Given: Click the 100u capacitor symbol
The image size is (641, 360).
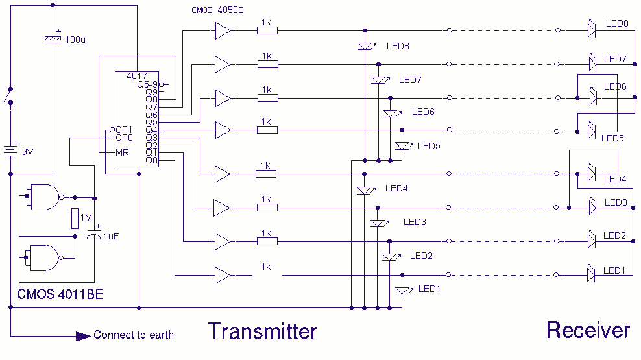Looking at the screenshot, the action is tap(53, 38).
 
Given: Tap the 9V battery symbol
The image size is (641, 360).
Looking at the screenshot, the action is tap(11, 150).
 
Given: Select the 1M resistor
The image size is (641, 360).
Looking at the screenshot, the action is tap(75, 218).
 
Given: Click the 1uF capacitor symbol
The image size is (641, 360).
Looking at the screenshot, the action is tap(94, 235).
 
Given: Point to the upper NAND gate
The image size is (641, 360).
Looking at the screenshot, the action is tap(45, 197).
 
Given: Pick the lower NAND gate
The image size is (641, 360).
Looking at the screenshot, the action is tap(44, 258).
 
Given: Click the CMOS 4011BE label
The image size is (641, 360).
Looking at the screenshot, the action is tap(60, 294).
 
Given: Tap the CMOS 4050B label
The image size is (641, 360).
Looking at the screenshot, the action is tap(217, 10).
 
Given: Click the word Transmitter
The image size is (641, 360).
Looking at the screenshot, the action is tap(263, 331).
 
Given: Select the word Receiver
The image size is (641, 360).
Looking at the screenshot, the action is tap(588, 330).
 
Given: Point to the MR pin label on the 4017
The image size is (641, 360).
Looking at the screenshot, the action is tap(122, 153).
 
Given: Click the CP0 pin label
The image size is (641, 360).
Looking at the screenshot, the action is tap(125, 138).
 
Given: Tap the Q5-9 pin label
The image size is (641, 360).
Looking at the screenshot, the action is tap(147, 84).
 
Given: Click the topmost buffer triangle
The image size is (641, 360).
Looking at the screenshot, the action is tap(223, 30).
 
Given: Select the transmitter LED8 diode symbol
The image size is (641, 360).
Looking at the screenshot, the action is tap(365, 46).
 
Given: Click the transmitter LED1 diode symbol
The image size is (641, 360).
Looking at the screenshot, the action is tap(403, 290).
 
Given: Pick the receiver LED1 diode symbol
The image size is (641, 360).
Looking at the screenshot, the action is tap(591, 274).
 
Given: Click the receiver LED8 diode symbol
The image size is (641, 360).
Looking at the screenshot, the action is tap(592, 29).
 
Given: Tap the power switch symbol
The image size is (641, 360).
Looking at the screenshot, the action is tap(9, 96).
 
